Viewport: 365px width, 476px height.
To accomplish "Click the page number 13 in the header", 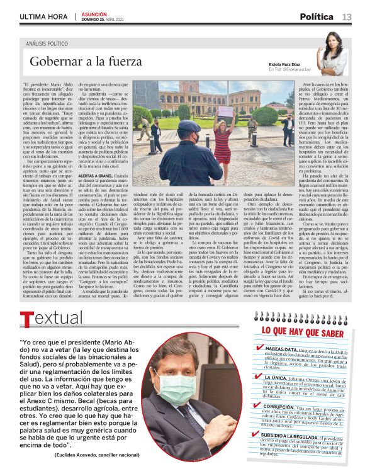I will (347, 17).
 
